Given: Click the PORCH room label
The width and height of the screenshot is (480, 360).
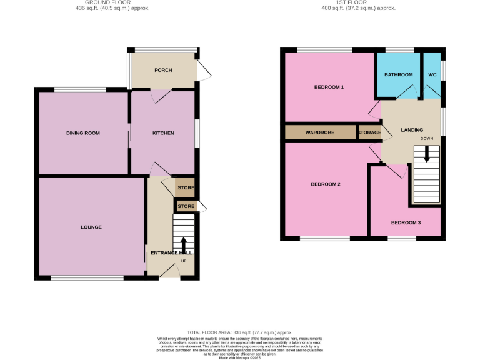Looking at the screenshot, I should click(163, 70).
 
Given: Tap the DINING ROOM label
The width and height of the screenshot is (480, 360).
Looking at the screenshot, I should click(83, 133).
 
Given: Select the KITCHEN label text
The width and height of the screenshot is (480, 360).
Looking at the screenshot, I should click(163, 133).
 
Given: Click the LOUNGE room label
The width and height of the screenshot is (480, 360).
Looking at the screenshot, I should click(91, 227).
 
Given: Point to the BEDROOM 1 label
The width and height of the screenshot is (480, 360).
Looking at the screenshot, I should click(329, 87).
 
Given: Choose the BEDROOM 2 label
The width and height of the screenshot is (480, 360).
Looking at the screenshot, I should click(326, 184).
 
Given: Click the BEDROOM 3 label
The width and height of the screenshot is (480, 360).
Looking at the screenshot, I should click(406, 223).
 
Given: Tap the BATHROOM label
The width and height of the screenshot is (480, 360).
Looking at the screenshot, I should click(398, 75).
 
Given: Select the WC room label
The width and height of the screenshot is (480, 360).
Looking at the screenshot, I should click(432, 75).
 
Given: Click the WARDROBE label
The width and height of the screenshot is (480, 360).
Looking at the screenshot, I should click(321, 133).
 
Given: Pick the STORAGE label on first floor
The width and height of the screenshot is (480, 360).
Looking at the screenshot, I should click(369, 133).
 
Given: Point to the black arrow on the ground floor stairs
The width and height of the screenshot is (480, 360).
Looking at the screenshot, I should click(183, 244).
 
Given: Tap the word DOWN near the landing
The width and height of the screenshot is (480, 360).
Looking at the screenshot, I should click(426, 138).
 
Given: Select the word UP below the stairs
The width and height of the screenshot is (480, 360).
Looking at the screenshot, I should click(183, 261).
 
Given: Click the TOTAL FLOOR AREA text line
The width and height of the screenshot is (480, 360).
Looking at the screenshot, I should click(240, 332).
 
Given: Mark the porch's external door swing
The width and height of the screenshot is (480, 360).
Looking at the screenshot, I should click(202, 71).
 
